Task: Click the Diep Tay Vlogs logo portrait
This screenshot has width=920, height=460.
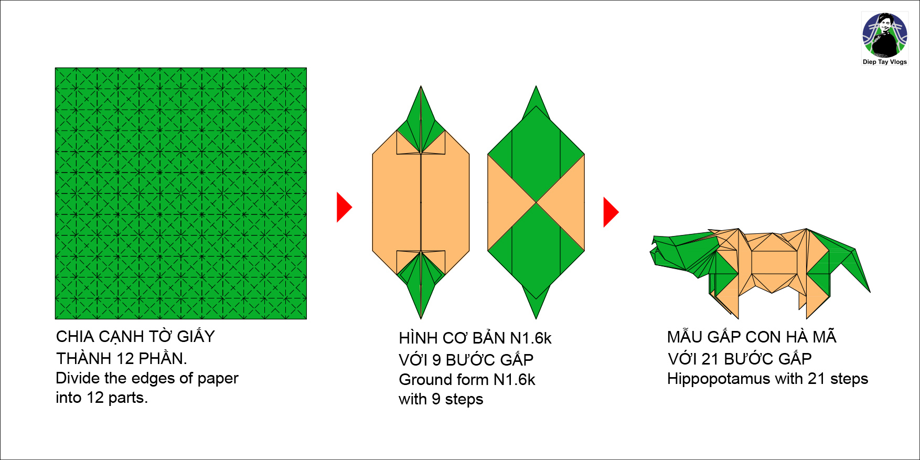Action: coord(885,35)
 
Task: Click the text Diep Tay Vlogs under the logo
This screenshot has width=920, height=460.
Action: coord(885,62)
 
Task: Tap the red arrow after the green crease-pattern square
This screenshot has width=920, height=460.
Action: coord(344,207)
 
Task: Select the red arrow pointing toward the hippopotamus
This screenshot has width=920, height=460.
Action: coord(611,212)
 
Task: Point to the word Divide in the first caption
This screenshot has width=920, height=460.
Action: coord(78,378)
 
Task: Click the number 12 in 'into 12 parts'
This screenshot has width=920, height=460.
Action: coord(95,398)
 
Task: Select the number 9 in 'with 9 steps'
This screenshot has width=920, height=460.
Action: coord(436,399)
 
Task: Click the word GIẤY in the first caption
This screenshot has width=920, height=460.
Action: coord(196,336)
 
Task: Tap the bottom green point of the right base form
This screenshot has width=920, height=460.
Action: coord(536,309)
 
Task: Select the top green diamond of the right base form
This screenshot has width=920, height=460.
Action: coord(536,152)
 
